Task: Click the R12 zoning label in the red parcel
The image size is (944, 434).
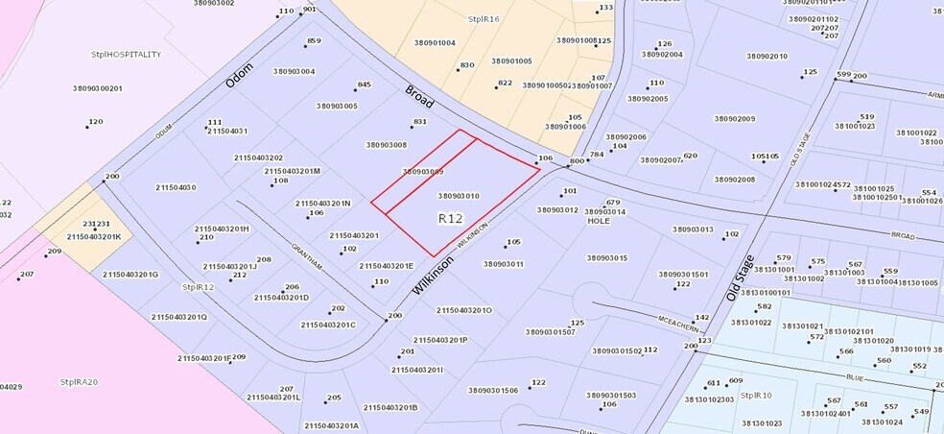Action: pyautogui.click(x=450, y=219)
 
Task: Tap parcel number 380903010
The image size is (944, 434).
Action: pyautogui.click(x=459, y=196)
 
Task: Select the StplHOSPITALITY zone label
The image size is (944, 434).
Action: pyautogui.click(x=126, y=55)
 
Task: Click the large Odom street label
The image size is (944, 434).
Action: pyautogui.click(x=240, y=76)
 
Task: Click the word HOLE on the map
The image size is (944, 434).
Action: pyautogui.click(x=599, y=221)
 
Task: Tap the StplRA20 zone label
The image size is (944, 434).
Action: pyautogui.click(x=80, y=381)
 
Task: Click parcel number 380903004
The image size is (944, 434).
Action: pyautogui.click(x=294, y=71)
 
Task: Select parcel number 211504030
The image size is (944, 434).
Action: pyautogui.click(x=176, y=187)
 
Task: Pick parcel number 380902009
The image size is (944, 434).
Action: pyautogui.click(x=735, y=119)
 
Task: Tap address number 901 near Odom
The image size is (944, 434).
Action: pyautogui.click(x=309, y=10)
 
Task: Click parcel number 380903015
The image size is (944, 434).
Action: pyautogui.click(x=606, y=257)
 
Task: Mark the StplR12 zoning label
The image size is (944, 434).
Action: pyautogui.click(x=198, y=286)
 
